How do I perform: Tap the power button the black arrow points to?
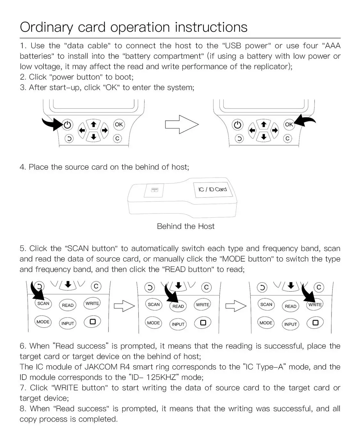click(x=67, y=125)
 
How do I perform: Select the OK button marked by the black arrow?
click(x=289, y=125)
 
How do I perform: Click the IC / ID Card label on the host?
click(x=212, y=189)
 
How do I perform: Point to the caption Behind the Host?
click(x=186, y=226)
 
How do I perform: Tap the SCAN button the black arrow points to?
click(x=43, y=303)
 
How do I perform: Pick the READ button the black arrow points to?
click(x=178, y=306)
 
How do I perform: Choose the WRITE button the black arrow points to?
click(x=315, y=305)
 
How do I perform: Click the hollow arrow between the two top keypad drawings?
click(x=181, y=125)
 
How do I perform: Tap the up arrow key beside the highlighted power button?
click(x=93, y=124)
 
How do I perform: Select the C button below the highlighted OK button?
click(x=287, y=138)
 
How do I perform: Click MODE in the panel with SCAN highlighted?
click(x=43, y=322)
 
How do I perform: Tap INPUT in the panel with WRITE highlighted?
click(x=291, y=324)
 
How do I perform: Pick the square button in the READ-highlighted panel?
click(x=203, y=322)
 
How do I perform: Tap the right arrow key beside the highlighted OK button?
click(x=275, y=130)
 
